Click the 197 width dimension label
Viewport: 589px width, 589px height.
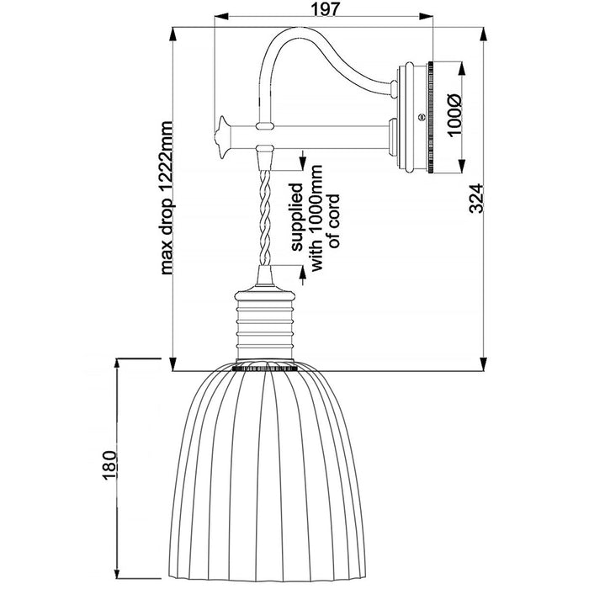pyautogui.click(x=326, y=9)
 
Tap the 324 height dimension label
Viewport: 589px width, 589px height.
pyautogui.click(x=477, y=198)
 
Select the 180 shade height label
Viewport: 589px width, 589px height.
pyautogui.click(x=109, y=465)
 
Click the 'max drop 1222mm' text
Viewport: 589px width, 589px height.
pyautogui.click(x=166, y=198)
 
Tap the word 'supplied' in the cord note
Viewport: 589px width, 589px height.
pyautogui.click(x=298, y=217)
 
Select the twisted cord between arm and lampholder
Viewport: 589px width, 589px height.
pyautogui.click(x=265, y=217)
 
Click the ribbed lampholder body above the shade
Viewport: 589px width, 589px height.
pyautogui.click(x=263, y=325)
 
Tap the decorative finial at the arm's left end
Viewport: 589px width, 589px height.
pyautogui.click(x=222, y=137)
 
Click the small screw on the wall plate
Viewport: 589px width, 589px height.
pyautogui.click(x=421, y=118)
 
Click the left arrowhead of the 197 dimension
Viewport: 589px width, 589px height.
pyautogui.click(x=221, y=16)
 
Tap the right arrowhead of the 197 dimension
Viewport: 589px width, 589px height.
pyautogui.click(x=426, y=16)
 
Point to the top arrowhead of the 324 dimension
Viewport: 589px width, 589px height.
pyautogui.click(x=484, y=35)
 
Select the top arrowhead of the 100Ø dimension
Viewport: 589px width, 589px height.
pyautogui.click(x=461, y=69)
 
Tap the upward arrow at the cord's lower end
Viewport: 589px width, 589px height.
pyautogui.click(x=301, y=273)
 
